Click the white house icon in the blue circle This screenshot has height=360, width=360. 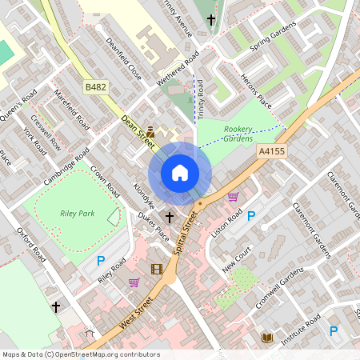180,173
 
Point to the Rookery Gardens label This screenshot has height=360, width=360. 238,134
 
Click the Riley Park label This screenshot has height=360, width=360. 77,214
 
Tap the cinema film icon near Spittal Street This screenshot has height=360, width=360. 156,269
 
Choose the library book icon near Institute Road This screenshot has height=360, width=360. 267,338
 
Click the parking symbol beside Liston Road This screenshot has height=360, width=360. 251,216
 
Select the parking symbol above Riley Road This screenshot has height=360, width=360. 101,260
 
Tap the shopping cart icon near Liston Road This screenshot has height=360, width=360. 233,197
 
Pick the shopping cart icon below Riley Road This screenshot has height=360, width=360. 134,282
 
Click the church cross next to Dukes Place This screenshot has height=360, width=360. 169,217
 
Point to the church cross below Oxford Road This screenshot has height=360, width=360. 56,306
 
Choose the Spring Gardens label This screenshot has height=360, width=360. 273,37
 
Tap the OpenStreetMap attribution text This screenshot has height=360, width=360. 81,354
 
